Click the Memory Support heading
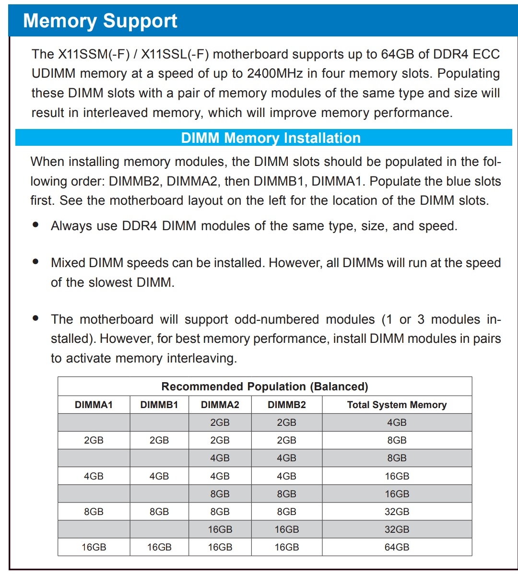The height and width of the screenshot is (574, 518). point(100,21)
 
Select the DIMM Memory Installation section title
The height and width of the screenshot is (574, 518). point(271,138)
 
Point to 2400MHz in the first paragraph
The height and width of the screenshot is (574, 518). point(275,73)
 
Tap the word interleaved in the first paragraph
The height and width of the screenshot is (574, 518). point(116,113)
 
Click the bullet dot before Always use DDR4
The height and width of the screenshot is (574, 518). point(35,224)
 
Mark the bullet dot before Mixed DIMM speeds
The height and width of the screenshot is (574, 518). point(35,262)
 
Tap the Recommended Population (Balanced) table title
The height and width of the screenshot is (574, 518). point(265,387)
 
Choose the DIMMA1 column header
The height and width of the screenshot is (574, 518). point(94,405)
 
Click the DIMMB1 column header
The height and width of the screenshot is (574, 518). point(159,405)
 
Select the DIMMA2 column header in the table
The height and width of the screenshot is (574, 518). point(220,405)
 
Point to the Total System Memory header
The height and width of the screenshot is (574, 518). point(397,405)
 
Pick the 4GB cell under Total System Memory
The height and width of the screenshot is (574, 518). point(397,422)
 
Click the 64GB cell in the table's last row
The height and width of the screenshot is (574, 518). point(397,547)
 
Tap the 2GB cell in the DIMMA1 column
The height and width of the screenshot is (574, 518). point(94,440)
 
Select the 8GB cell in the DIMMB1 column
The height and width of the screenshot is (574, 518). point(159,512)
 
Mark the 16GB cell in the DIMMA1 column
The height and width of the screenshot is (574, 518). point(94,547)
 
